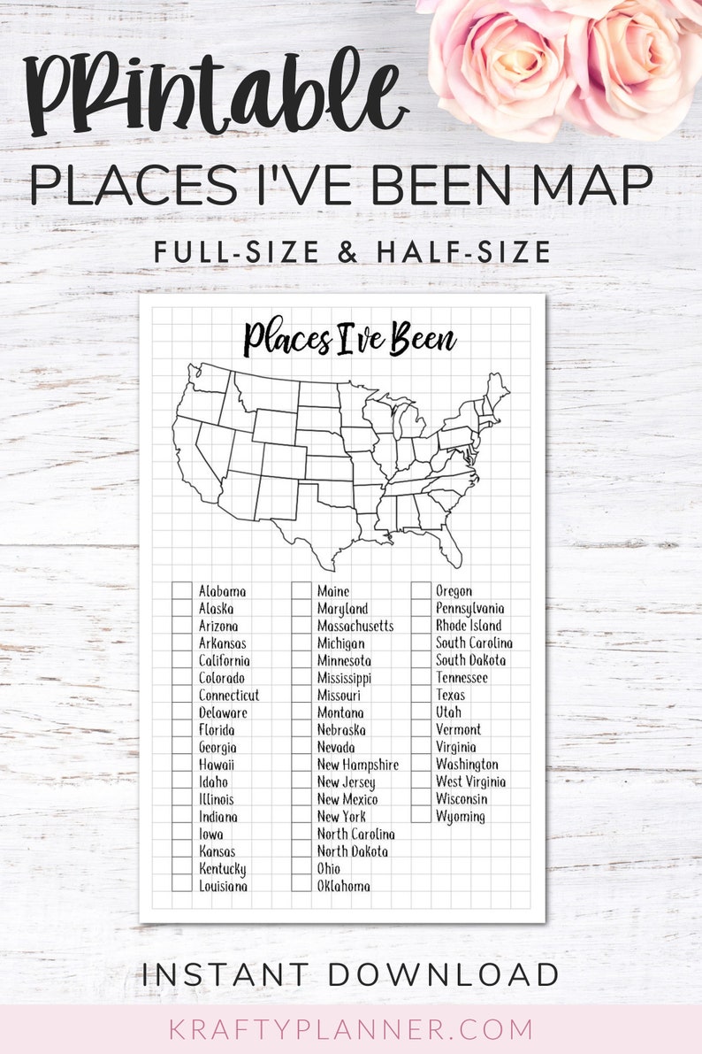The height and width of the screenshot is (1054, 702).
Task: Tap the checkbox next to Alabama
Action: [x=182, y=591]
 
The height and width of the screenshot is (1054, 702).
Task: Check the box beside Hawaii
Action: [x=182, y=765]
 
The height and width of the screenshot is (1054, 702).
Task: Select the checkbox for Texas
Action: [x=421, y=696]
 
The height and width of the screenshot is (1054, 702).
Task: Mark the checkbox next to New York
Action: [x=301, y=817]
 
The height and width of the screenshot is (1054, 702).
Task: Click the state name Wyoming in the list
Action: [x=460, y=817]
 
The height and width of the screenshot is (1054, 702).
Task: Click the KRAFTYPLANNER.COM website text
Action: [x=350, y=1029]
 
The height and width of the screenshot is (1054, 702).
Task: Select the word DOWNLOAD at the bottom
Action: [x=443, y=974]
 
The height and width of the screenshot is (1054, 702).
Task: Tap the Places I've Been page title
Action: [x=349, y=340]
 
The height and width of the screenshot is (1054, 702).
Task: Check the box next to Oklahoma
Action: [x=301, y=886]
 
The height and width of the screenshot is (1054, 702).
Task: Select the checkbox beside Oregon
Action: [x=421, y=591]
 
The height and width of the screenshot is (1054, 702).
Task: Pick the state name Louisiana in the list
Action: [x=223, y=886]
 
